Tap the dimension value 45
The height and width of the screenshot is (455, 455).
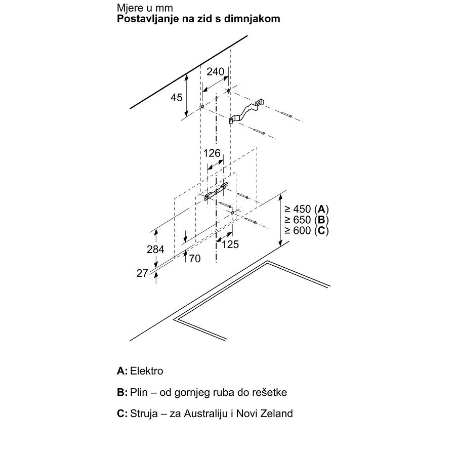[176, 98]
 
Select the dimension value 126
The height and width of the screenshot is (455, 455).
[212, 153]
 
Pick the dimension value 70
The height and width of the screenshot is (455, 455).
[194, 259]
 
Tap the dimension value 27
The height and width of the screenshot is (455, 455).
[142, 273]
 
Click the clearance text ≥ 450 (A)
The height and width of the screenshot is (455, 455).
[307, 209]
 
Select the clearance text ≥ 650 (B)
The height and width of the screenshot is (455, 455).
[307, 220]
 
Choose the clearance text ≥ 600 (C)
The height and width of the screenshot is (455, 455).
[307, 231]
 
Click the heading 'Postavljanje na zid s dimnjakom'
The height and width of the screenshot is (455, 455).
[198, 19]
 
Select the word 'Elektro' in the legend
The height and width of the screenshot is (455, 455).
[147, 371]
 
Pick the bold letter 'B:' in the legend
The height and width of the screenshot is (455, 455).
[122, 392]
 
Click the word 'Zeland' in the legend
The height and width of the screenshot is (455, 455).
[278, 413]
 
